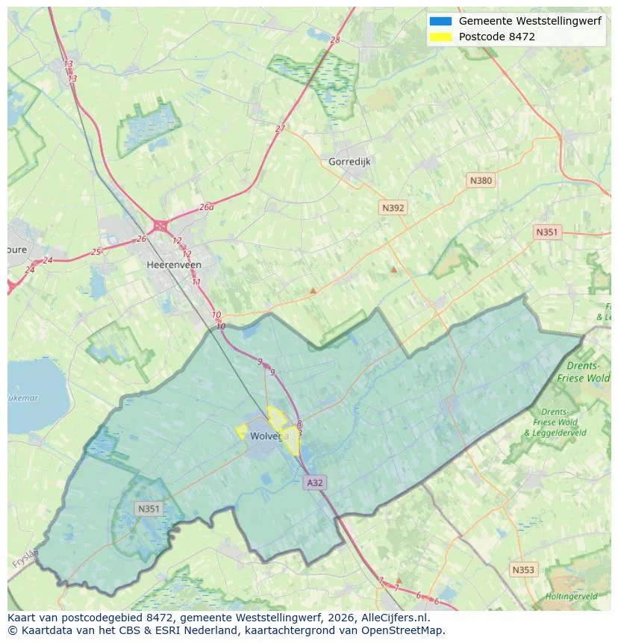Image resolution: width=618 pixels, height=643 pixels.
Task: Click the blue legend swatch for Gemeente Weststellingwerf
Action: point(440,22)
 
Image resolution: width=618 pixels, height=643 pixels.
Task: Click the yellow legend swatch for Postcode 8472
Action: point(440,37)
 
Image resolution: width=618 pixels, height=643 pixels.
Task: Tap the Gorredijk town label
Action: point(349,161)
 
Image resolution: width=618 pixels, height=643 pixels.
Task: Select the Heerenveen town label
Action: point(174,265)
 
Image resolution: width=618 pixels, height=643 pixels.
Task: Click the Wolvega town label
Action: point(269,436)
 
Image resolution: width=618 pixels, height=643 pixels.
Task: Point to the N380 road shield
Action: point(481,180)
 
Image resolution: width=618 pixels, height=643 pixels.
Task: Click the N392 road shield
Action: point(393,208)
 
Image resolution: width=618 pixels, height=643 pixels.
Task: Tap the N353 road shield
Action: point(523,570)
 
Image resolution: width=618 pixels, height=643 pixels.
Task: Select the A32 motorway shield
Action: point(315,483)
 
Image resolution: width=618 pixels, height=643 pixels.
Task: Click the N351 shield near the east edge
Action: point(546,232)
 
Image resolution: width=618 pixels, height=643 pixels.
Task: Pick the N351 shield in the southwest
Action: point(148,509)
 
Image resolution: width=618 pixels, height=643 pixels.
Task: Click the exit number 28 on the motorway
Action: point(334,40)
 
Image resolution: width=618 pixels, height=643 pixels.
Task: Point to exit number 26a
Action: point(207,208)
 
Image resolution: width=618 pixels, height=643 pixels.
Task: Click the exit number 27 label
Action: point(280,128)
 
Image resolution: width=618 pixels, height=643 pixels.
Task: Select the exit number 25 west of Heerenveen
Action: point(96,252)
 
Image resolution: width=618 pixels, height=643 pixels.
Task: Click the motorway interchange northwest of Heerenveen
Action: point(160,225)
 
